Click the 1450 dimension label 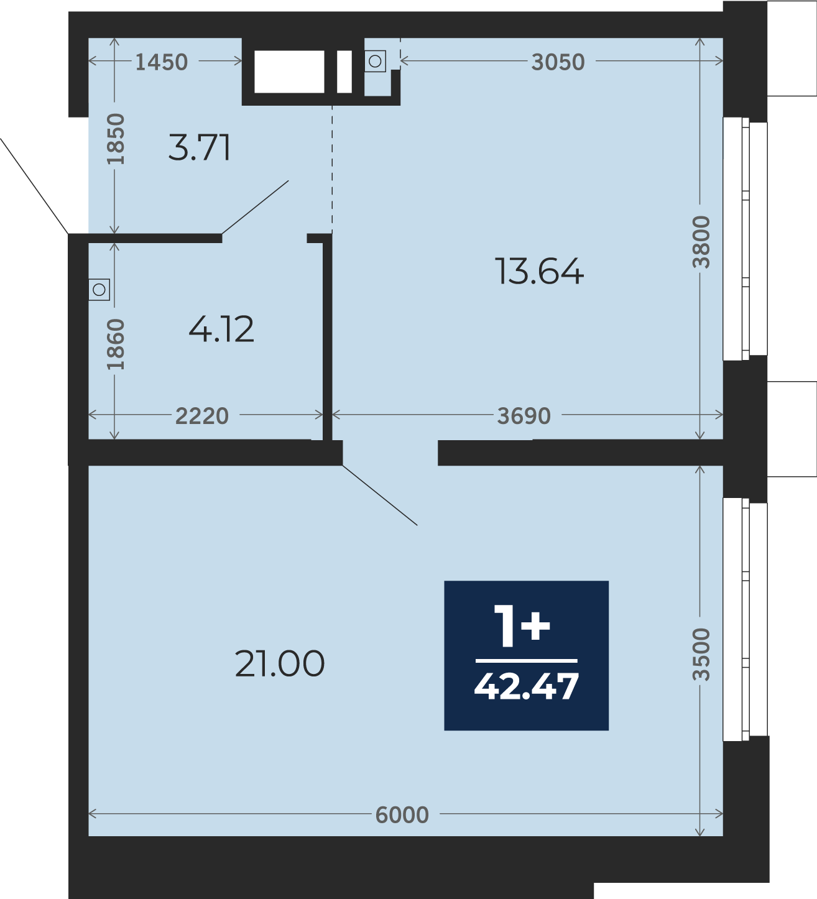(162, 62)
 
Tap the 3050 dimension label (558, 62)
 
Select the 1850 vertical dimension (116, 139)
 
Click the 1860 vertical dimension (116, 344)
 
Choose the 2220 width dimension (202, 416)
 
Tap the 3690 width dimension (524, 416)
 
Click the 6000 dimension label (402, 815)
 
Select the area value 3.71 (200, 147)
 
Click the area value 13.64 (539, 271)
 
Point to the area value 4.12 (221, 329)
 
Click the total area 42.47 (527, 686)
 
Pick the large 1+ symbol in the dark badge (522, 625)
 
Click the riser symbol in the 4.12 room (99, 290)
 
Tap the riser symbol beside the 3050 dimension (376, 61)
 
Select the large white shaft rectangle (289, 71)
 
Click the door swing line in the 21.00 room (380, 496)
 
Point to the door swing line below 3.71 (255, 208)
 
